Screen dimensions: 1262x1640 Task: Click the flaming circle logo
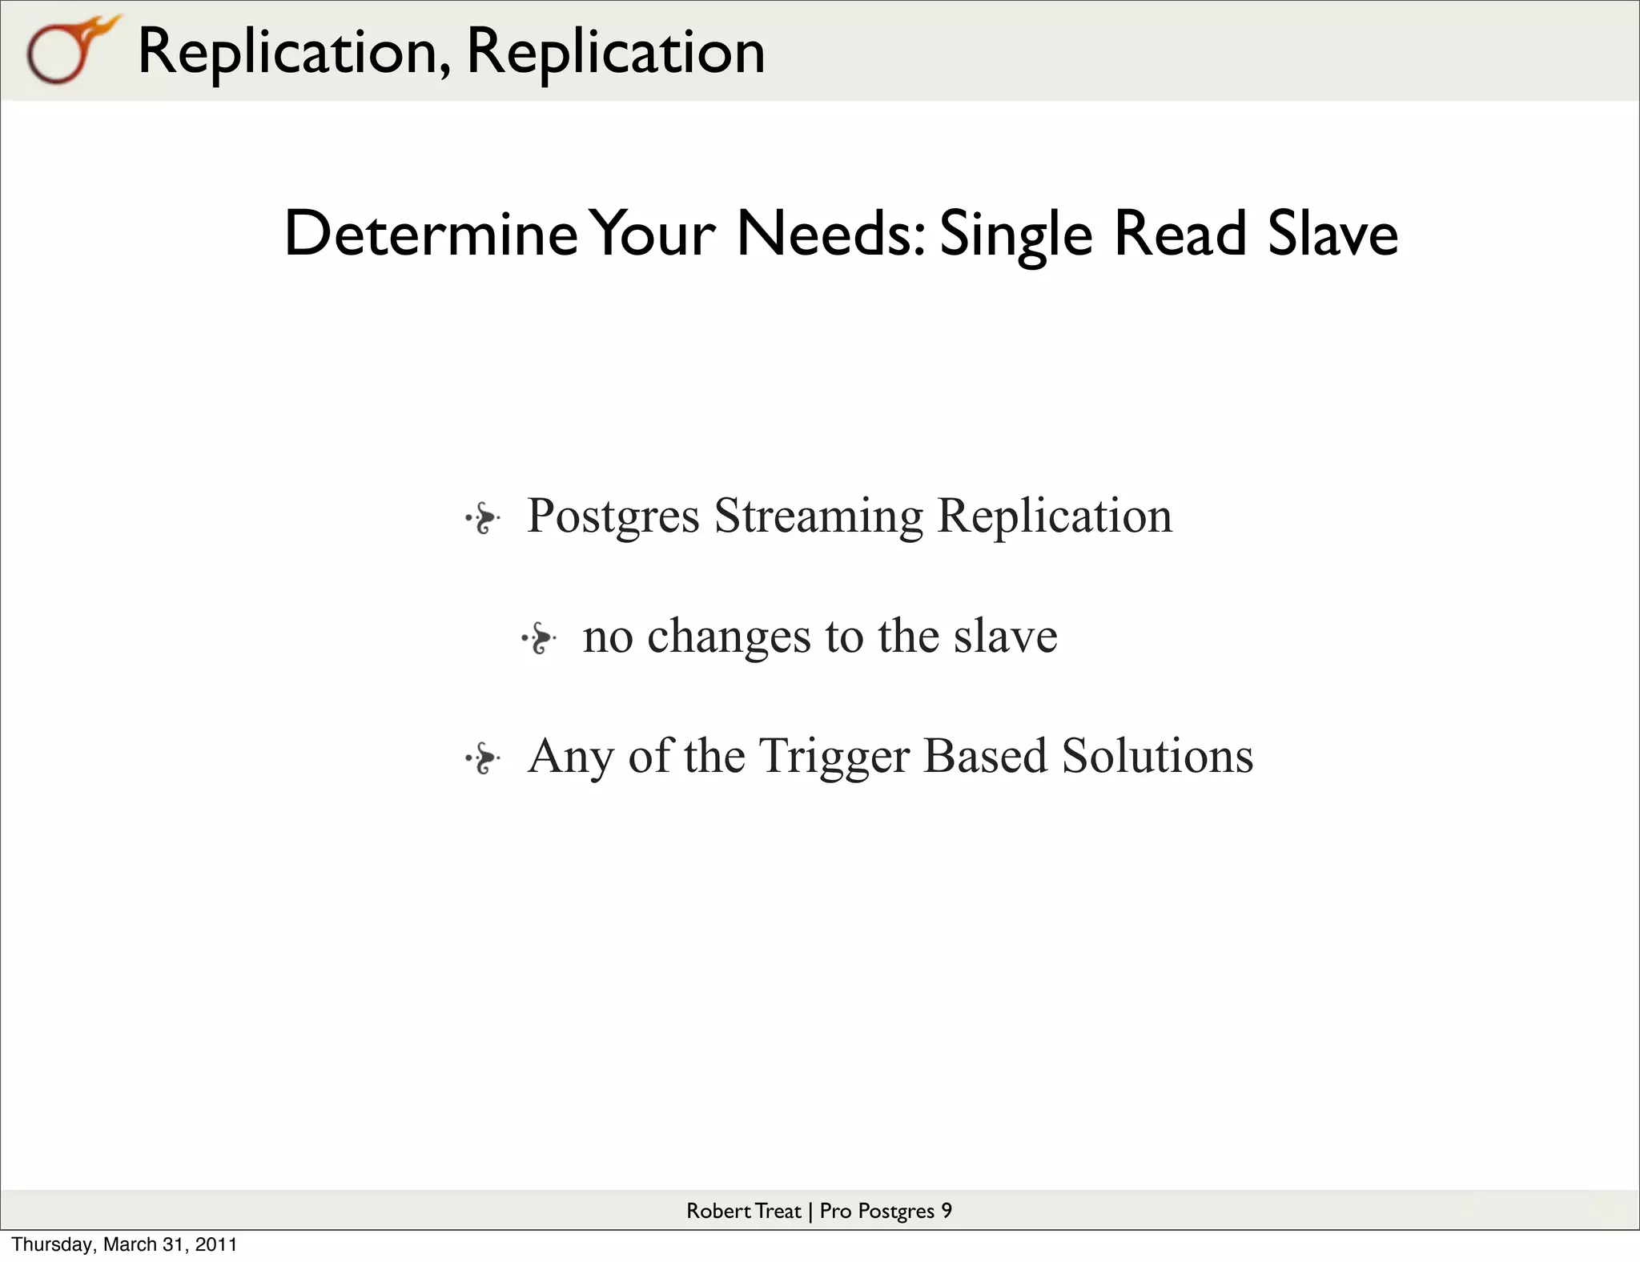(x=68, y=50)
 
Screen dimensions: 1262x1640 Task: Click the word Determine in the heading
(x=430, y=234)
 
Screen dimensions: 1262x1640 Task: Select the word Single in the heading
(x=1015, y=235)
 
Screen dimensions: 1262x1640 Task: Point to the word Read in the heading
(x=1180, y=234)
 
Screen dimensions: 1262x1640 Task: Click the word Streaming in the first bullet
(x=818, y=516)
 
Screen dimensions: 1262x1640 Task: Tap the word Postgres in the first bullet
(x=613, y=516)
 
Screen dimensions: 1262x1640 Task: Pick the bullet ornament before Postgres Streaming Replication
(x=483, y=518)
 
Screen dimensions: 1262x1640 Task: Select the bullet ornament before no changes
(x=539, y=638)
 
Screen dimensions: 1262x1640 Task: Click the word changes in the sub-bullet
(x=729, y=637)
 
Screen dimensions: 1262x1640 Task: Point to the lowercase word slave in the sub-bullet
(x=1005, y=636)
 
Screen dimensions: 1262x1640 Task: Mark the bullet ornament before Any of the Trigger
(x=483, y=758)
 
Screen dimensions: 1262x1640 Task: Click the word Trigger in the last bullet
(x=834, y=758)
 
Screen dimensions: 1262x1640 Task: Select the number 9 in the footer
(x=947, y=1211)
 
